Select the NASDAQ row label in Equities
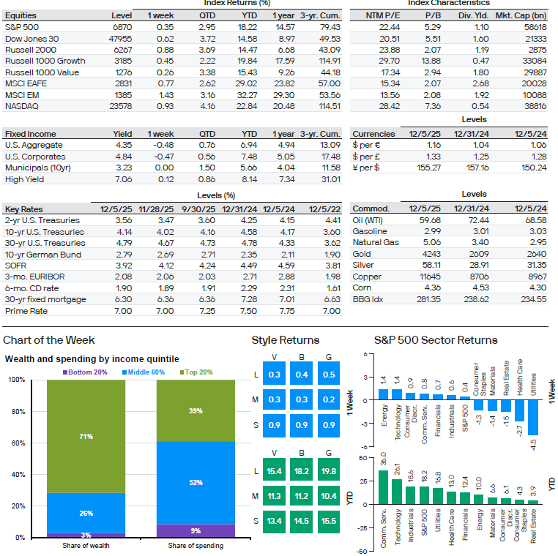click(23, 107)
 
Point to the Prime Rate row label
click(26, 311)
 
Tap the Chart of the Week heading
click(49, 340)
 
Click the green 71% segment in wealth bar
click(86, 436)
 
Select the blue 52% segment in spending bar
click(196, 483)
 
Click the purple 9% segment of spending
click(196, 530)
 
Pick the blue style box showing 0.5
click(329, 375)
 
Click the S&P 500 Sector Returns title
click(435, 340)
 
